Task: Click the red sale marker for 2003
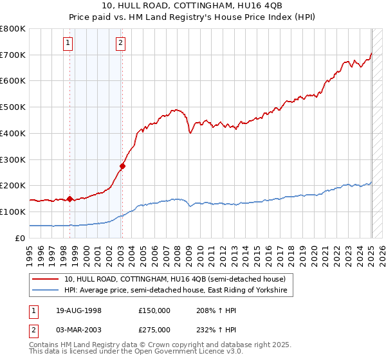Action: (x=122, y=166)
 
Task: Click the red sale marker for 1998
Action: (x=69, y=199)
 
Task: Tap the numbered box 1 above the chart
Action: (x=68, y=44)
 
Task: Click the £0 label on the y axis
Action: (x=19, y=238)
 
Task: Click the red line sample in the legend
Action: (x=45, y=279)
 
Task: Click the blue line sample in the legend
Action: (x=45, y=291)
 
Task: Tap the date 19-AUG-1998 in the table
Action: (x=78, y=310)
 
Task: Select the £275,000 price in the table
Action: (x=154, y=330)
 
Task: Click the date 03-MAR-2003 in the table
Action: (x=78, y=330)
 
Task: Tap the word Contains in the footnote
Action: (x=44, y=345)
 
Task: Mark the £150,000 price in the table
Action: (x=154, y=310)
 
